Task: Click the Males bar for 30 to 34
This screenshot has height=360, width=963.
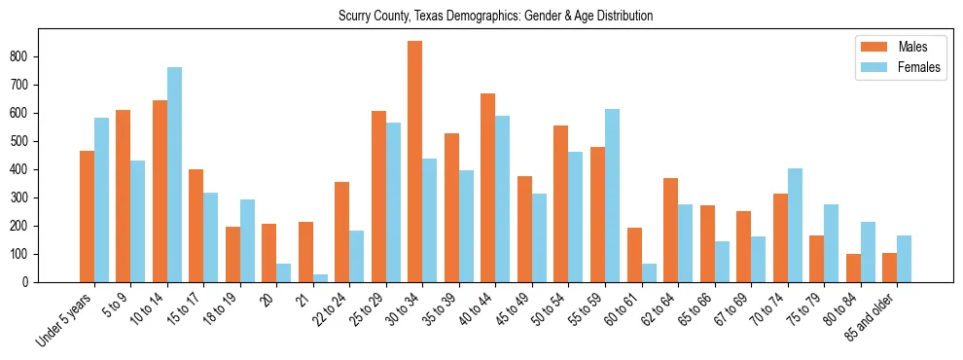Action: click(415, 162)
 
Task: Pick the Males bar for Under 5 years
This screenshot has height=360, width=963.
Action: click(87, 217)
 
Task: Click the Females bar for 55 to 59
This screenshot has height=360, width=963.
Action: click(612, 196)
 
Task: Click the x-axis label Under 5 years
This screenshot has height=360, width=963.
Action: click(66, 317)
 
